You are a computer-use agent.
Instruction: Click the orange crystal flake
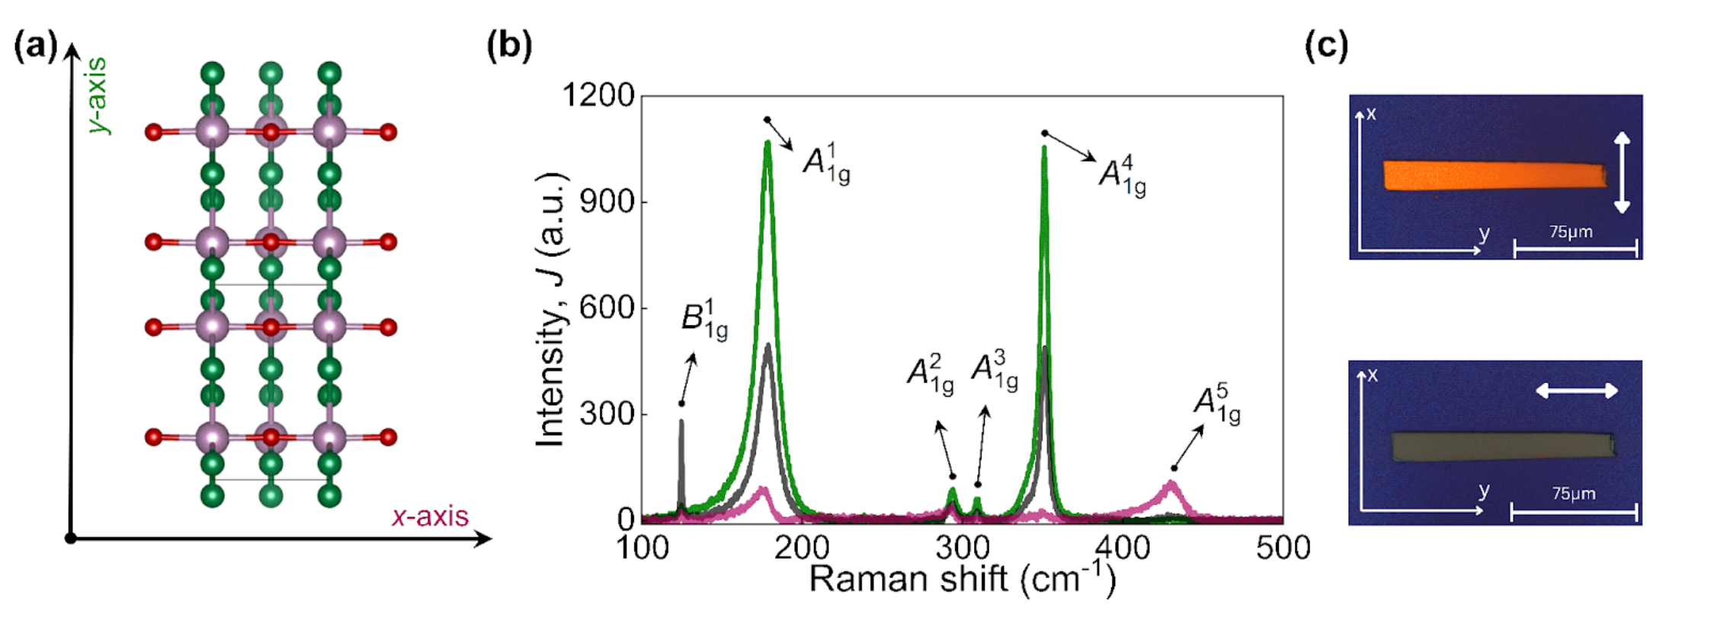pyautogui.click(x=1494, y=175)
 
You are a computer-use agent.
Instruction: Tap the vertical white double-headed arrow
pyautogui.click(x=1622, y=172)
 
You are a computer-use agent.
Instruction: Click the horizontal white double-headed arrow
pyautogui.click(x=1576, y=391)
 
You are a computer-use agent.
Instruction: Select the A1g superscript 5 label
pyautogui.click(x=1216, y=404)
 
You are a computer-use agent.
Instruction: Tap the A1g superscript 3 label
pyautogui.click(x=994, y=369)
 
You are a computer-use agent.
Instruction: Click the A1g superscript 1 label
pyautogui.click(x=826, y=163)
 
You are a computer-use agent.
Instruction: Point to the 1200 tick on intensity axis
pyautogui.click(x=598, y=96)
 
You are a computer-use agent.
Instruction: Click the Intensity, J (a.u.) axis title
pyautogui.click(x=551, y=309)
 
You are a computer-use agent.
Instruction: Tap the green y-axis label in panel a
pyautogui.click(x=98, y=95)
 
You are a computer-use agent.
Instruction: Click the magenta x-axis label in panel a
pyautogui.click(x=430, y=517)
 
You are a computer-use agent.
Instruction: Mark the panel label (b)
pyautogui.click(x=509, y=45)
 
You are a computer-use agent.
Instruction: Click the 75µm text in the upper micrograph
pyautogui.click(x=1571, y=231)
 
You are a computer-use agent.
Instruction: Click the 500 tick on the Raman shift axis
pyautogui.click(x=1283, y=547)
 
